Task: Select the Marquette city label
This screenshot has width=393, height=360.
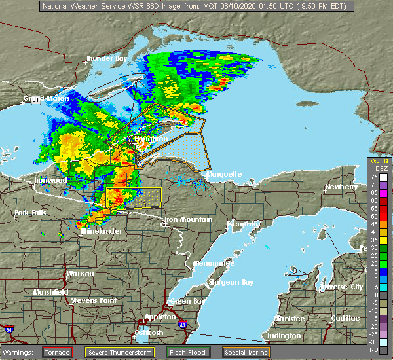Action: [x=224, y=175]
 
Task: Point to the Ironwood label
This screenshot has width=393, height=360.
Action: [x=50, y=180]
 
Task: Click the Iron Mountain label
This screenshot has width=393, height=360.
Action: [x=188, y=219]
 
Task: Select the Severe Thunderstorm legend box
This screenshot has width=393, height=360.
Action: [x=125, y=352]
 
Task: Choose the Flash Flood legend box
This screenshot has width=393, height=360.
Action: [x=188, y=352]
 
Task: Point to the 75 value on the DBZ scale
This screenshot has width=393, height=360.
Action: [x=384, y=177]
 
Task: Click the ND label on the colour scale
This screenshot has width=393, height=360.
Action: [x=384, y=350]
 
